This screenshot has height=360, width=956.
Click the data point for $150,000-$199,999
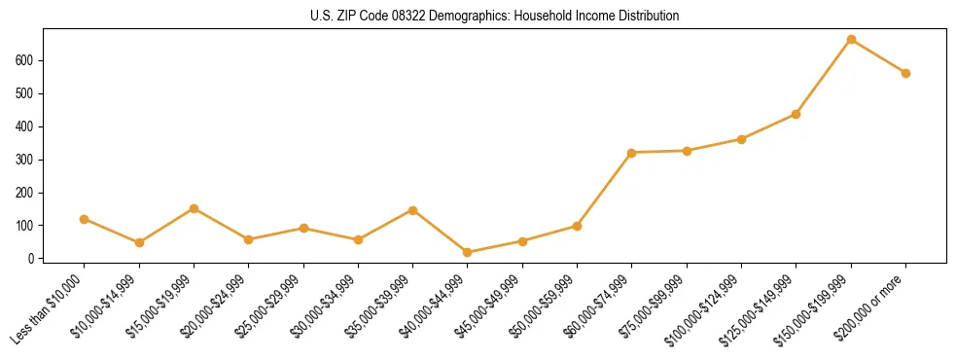click(851, 40)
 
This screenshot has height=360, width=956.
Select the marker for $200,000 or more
click(905, 73)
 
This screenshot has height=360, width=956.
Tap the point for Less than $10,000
click(85, 219)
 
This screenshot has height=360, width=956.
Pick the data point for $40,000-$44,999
click(468, 252)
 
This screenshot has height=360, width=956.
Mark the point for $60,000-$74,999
click(632, 153)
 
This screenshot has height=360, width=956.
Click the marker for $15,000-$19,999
click(195, 208)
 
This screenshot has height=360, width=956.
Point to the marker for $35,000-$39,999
click(413, 210)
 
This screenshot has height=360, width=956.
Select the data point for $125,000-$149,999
click(797, 114)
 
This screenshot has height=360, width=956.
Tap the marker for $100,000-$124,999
click(742, 139)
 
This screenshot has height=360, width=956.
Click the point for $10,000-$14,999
click(139, 242)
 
